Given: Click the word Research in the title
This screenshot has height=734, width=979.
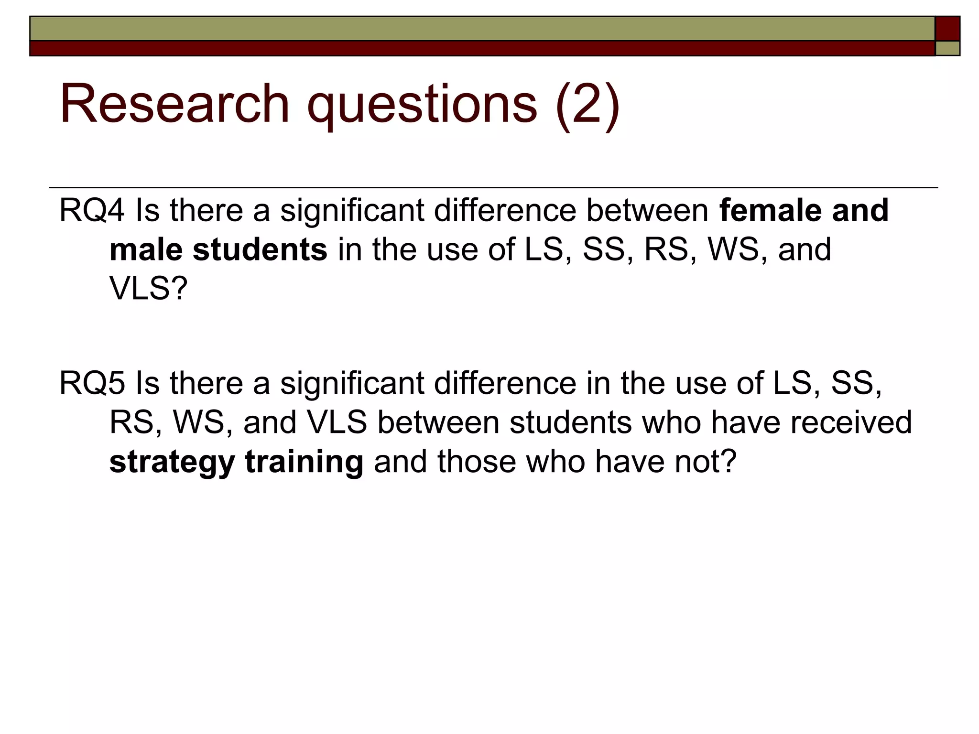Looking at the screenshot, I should click(x=174, y=104).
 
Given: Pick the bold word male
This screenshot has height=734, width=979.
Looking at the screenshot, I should click(x=146, y=250).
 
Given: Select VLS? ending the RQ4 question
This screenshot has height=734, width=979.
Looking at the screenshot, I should click(x=148, y=288).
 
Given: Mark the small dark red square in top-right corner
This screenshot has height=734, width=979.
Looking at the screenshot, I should click(x=947, y=29).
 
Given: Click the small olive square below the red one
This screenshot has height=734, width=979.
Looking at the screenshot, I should click(x=947, y=48).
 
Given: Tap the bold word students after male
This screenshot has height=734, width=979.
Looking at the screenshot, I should click(x=260, y=250).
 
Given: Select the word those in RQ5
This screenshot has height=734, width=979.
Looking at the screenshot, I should click(x=476, y=462).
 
